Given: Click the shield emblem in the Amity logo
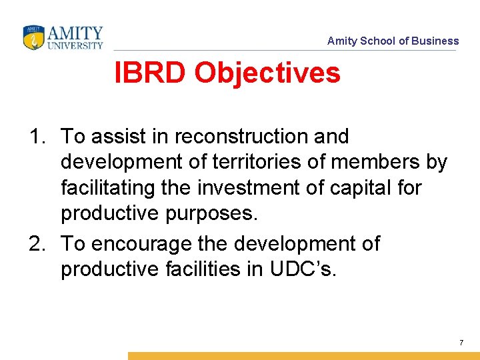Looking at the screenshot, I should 33,37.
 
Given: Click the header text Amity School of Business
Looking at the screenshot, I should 393,41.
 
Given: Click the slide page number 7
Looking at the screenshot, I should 461,343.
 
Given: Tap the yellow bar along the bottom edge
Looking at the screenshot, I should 303,356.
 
